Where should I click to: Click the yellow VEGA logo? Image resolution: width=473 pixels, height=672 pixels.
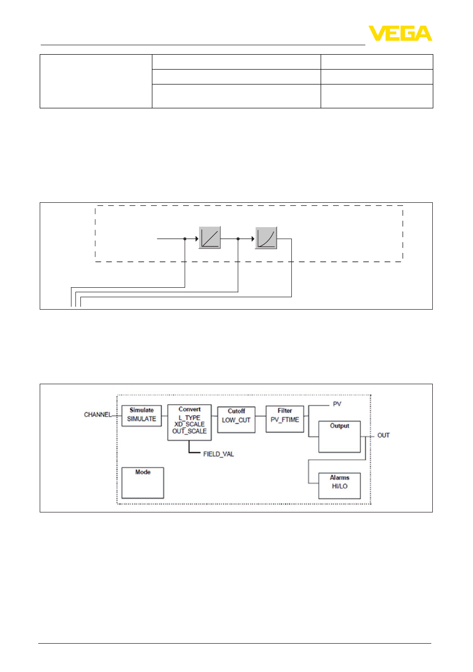point(400,33)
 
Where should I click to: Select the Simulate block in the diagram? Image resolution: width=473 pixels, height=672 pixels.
point(141,416)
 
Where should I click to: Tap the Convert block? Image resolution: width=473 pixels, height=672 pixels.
point(189,422)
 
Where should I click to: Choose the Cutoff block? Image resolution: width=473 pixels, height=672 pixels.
point(236,420)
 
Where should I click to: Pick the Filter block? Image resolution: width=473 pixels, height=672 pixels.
point(284,419)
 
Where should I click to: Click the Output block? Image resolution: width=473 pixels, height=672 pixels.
point(339,436)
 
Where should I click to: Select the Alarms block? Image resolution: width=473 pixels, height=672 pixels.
point(339,486)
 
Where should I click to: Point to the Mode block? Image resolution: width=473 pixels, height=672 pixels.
point(142,483)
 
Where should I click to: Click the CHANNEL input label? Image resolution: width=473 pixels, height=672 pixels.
point(98,415)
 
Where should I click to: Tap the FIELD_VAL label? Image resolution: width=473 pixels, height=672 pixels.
point(218,454)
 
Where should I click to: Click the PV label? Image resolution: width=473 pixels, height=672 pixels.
point(337,404)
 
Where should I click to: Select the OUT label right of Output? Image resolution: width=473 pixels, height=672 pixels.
point(384,435)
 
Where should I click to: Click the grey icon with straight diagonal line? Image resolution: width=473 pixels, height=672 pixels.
point(209,238)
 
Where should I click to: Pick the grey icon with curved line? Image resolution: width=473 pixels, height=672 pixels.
point(266,238)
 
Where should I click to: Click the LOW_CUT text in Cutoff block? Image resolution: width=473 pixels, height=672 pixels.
point(236,420)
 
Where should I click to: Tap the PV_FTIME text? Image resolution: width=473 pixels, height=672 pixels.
point(284,420)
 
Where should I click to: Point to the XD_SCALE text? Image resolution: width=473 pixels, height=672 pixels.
point(189,424)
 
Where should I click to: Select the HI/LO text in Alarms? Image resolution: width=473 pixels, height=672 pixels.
point(339,486)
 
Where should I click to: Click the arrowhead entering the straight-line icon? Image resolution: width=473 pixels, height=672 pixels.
point(197,239)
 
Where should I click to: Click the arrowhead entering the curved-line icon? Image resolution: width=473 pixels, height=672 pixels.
point(253,239)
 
